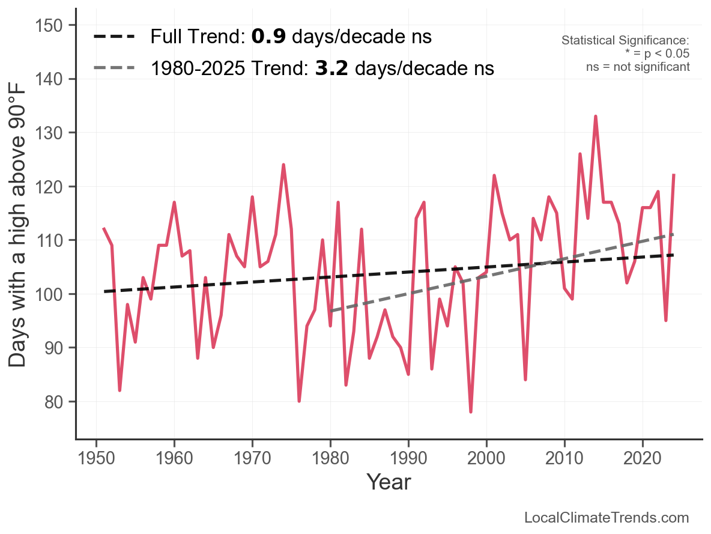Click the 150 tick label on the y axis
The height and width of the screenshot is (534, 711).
pyautogui.click(x=55, y=25)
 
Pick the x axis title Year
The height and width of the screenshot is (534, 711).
pyautogui.click(x=389, y=482)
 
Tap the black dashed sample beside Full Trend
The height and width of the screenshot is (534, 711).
pyautogui.click(x=114, y=37)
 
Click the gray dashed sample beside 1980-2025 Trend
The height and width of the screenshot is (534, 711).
pyautogui.click(x=114, y=68)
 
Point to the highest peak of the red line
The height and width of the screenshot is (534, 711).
pyautogui.click(x=595, y=117)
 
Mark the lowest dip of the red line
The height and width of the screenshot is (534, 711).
pyautogui.click(x=471, y=412)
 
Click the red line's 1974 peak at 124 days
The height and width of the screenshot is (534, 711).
pyautogui.click(x=283, y=165)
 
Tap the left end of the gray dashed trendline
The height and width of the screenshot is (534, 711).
pyautogui.click(x=331, y=311)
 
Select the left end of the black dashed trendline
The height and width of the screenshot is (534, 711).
pyautogui.click(x=104, y=291)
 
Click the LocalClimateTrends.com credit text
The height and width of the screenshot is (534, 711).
pyautogui.click(x=607, y=518)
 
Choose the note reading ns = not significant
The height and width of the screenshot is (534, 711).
pyautogui.click(x=638, y=66)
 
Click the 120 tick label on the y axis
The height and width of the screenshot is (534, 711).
pyautogui.click(x=55, y=187)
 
